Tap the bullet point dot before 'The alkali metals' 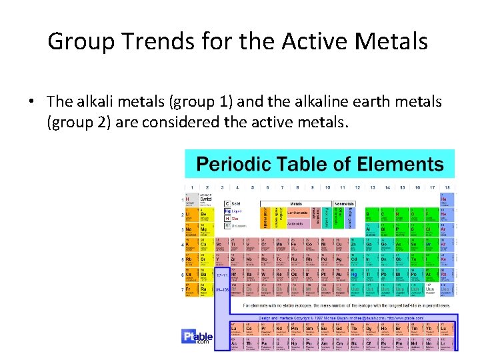click(31, 102)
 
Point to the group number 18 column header click(447, 187)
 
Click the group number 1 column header click(191, 187)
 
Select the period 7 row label click(181, 290)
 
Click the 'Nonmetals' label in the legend click(344, 203)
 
